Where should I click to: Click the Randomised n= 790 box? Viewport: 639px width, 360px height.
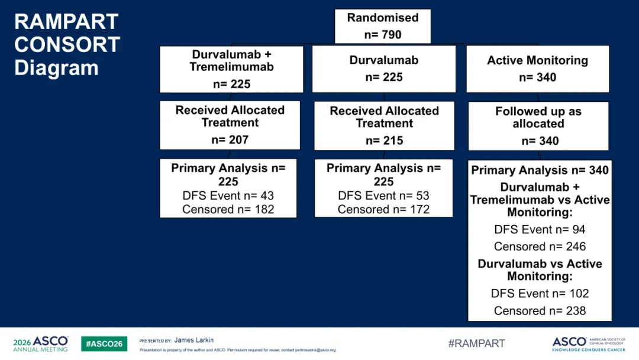(x=383, y=26)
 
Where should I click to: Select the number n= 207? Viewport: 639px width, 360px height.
(x=230, y=140)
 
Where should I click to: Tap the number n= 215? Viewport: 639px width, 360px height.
(x=385, y=141)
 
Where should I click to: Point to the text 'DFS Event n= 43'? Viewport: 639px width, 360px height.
(x=228, y=196)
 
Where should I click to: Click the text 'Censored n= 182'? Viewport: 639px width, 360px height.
(x=228, y=209)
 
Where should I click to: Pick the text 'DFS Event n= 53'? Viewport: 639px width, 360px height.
(x=383, y=196)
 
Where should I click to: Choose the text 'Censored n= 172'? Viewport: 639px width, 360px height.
(x=383, y=209)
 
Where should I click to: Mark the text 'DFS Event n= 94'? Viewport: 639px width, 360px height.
(x=540, y=230)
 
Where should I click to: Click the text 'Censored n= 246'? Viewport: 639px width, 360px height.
(x=540, y=247)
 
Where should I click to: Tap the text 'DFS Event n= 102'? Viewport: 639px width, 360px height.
(x=540, y=294)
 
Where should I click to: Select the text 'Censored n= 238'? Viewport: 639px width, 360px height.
(x=540, y=311)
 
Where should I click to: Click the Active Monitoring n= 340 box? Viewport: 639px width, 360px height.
(x=537, y=69)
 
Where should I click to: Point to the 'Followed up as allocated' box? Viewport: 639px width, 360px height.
(x=538, y=126)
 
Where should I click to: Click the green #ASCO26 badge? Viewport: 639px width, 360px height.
(x=104, y=343)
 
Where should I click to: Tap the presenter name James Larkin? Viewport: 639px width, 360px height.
(x=194, y=340)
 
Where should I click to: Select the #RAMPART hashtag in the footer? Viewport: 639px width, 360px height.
(x=476, y=343)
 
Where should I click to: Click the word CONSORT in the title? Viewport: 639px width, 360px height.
(x=67, y=44)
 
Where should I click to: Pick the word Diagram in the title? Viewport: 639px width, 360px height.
(x=56, y=67)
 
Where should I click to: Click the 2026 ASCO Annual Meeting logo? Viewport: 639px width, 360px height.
(x=41, y=344)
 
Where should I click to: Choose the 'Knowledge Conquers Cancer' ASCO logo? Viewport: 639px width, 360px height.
(x=589, y=344)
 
